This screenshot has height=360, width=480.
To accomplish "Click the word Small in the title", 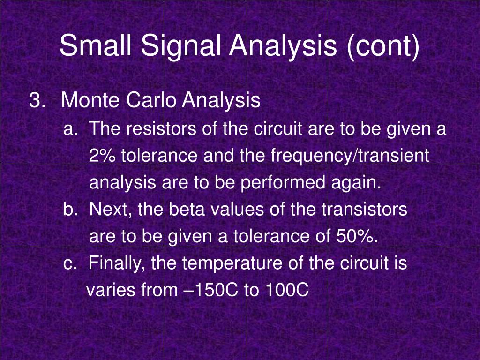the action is [96, 45].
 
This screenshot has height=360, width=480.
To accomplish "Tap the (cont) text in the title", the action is [383, 47].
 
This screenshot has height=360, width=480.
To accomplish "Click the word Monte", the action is [90, 100].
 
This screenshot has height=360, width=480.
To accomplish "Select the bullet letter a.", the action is [69, 129].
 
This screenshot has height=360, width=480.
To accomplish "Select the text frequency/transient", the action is [350, 157].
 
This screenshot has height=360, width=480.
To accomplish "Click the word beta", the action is [187, 209].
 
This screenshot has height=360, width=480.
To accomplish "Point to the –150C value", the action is [211, 290].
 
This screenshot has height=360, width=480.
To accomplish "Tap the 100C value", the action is [287, 290].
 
